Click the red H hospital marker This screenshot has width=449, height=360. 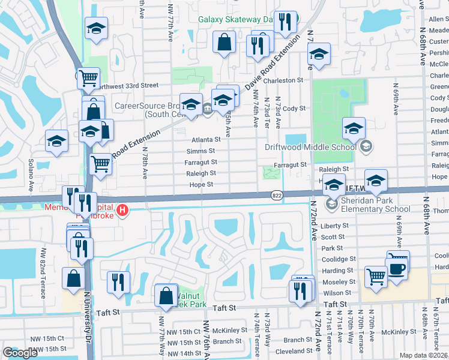point(122,210)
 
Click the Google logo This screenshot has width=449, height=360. point(20,353)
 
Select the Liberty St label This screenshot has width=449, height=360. point(335,226)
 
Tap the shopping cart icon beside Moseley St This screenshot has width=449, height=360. point(376,277)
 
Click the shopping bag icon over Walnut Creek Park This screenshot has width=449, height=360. point(166,296)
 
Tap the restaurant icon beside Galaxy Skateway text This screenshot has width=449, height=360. point(285,22)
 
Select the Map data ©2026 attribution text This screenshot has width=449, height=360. point(423,355)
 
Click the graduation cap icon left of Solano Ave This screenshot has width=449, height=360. point(56,141)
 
